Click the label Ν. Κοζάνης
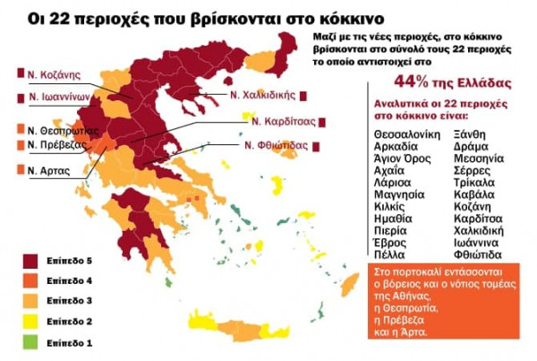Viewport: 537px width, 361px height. [55, 74]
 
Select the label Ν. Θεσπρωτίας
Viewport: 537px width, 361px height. [60, 128]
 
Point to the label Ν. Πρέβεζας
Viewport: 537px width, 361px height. [56, 144]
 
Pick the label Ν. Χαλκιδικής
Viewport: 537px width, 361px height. [265, 95]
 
